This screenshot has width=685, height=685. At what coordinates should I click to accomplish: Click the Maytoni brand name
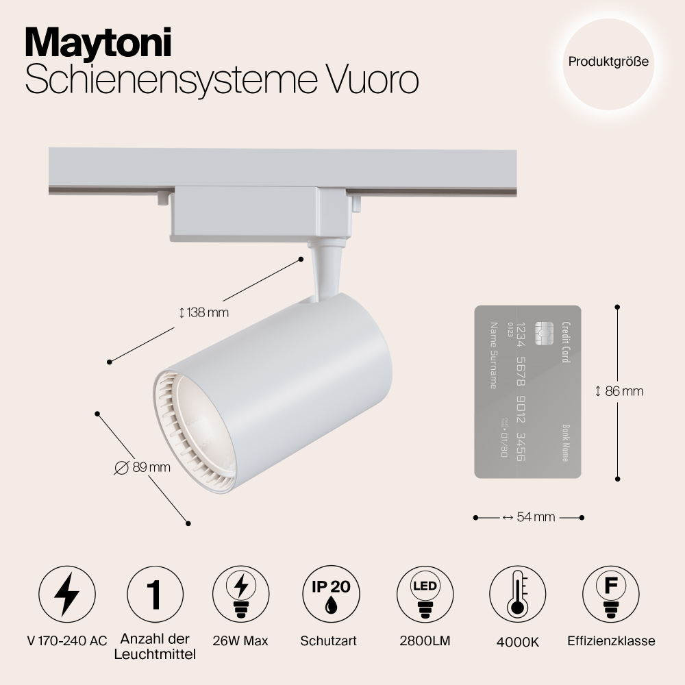[98, 42]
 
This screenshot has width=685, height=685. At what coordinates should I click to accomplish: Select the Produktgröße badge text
[608, 62]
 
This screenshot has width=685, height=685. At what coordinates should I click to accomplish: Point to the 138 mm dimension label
[204, 313]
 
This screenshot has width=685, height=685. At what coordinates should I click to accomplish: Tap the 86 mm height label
[619, 391]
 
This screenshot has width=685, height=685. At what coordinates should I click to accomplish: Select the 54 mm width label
[529, 517]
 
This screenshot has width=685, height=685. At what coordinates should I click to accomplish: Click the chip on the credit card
[545, 334]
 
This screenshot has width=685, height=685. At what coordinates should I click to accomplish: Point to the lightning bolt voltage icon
[67, 594]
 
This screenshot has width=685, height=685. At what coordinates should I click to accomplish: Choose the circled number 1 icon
[155, 594]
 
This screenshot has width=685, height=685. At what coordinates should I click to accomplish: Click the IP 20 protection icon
[331, 594]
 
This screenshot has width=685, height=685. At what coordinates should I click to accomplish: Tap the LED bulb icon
[425, 594]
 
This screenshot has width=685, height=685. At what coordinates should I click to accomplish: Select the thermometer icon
[518, 594]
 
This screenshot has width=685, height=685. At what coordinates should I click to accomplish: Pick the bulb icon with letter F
[611, 594]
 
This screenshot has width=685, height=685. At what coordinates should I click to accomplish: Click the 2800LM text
[425, 641]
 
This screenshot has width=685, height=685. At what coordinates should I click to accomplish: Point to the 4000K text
[518, 643]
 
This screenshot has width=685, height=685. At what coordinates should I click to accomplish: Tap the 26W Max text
[240, 641]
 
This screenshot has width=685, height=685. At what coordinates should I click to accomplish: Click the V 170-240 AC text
[67, 641]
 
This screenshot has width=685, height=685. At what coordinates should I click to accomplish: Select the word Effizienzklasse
[611, 641]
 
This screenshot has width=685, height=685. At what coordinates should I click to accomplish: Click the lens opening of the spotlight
[200, 428]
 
